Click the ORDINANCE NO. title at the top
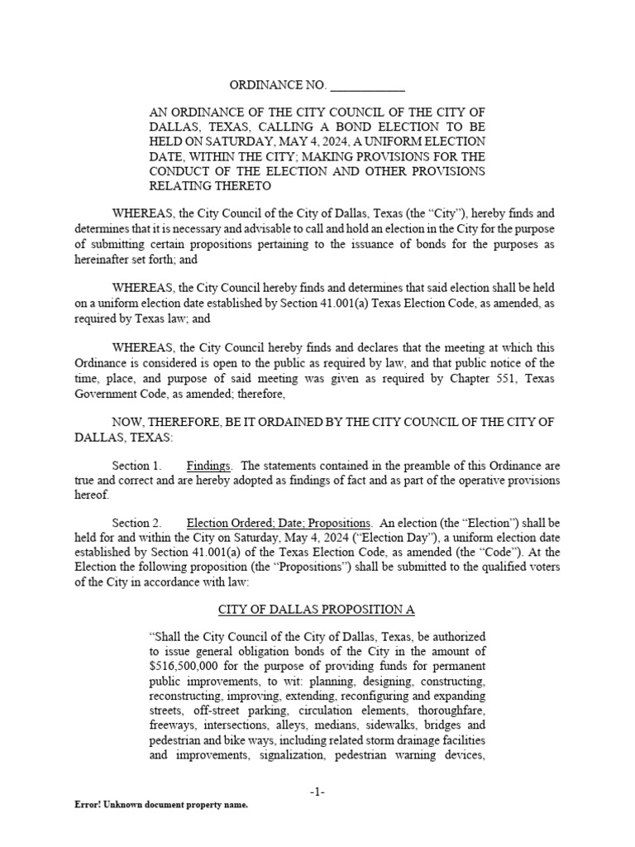pos(278,86)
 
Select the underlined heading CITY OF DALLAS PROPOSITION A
pos(316,610)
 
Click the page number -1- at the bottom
pos(317,792)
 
